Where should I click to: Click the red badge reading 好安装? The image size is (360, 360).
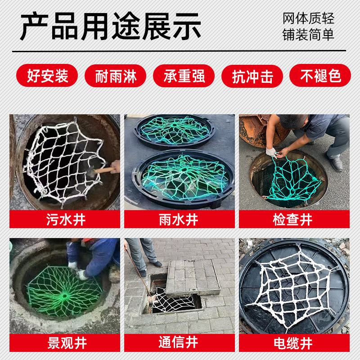(x=47, y=76)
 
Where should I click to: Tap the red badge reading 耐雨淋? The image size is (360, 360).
(x=116, y=76)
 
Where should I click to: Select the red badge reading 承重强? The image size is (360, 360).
(x=184, y=76)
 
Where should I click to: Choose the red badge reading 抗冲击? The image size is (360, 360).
(x=252, y=76)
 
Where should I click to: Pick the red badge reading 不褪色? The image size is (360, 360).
(x=320, y=76)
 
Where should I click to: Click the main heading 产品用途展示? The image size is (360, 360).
(x=111, y=27)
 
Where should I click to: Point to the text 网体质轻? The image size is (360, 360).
(x=308, y=18)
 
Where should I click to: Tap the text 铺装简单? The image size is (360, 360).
(x=308, y=35)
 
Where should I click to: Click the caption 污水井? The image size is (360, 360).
(x=66, y=220)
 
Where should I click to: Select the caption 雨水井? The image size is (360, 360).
(x=179, y=220)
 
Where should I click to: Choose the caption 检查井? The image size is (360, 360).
(x=292, y=220)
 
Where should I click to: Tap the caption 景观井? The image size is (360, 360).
(x=67, y=343)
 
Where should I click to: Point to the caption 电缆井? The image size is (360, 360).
(x=293, y=343)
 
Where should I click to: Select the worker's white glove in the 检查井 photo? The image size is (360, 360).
(x=271, y=152)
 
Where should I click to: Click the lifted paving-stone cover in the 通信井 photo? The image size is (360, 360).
(x=193, y=277)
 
